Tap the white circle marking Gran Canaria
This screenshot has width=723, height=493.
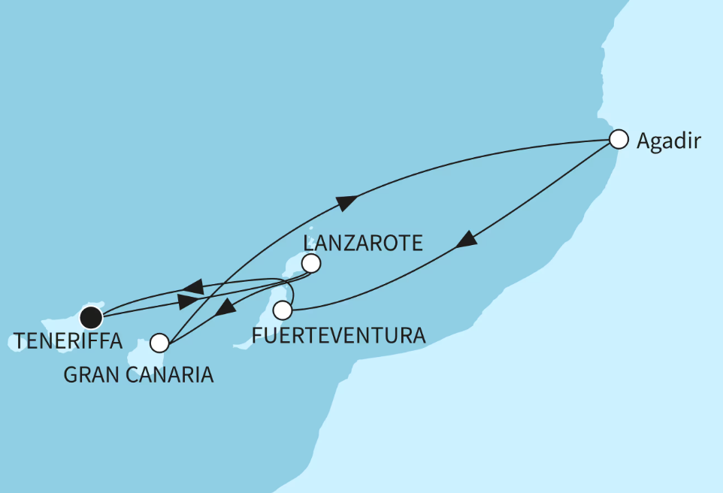(159, 343)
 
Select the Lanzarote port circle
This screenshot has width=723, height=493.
(310, 264)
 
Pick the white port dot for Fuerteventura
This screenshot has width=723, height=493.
(283, 310)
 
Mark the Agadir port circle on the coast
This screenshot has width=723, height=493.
(618, 140)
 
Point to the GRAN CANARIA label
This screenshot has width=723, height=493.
(138, 374)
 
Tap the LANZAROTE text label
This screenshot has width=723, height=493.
(363, 243)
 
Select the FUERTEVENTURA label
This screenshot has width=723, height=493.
(339, 335)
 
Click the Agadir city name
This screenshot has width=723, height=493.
(668, 141)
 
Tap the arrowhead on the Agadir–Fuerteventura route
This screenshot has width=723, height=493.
(467, 240)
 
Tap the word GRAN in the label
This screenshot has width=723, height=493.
(86, 374)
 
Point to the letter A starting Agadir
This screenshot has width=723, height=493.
(643, 141)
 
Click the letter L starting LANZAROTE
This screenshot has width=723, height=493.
(307, 243)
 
